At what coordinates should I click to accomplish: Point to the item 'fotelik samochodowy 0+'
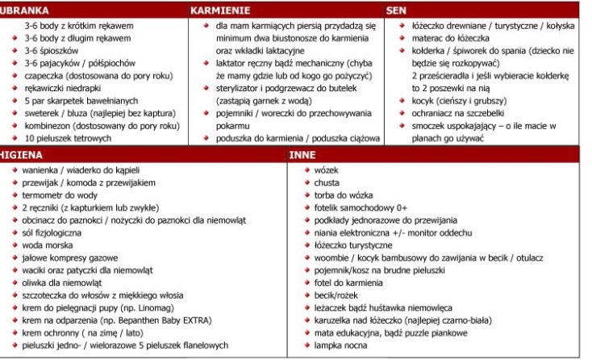[351, 208]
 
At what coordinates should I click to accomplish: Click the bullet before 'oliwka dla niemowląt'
[15, 283]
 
